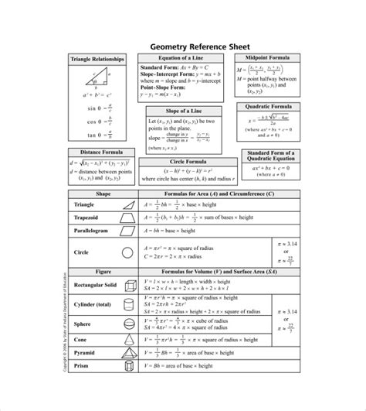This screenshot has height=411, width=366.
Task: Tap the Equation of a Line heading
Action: pyautogui.click(x=181, y=58)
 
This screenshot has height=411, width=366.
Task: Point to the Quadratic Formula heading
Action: pyautogui.click(x=268, y=104)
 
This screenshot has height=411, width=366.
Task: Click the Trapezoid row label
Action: pyautogui.click(x=87, y=218)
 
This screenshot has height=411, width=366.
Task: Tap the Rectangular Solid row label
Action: pyautogui.click(x=95, y=285)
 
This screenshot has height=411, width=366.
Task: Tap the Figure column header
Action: pyautogui.click(x=103, y=272)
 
